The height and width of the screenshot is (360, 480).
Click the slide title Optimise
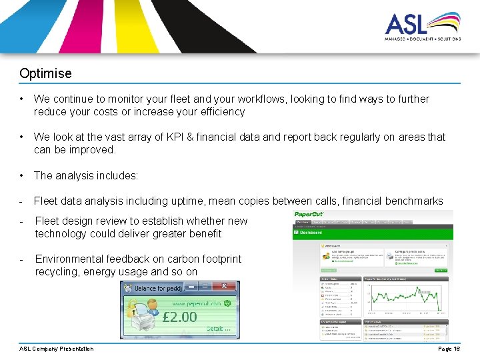[x=45, y=73]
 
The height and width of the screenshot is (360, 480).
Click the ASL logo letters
[x=406, y=25]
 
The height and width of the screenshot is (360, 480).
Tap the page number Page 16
[x=449, y=349]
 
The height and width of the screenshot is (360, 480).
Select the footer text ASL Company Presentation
[x=57, y=349]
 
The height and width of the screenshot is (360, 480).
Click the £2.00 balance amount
[x=181, y=317]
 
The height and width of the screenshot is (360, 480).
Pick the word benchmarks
[x=414, y=201]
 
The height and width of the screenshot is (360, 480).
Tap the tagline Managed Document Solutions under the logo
[x=422, y=39]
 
